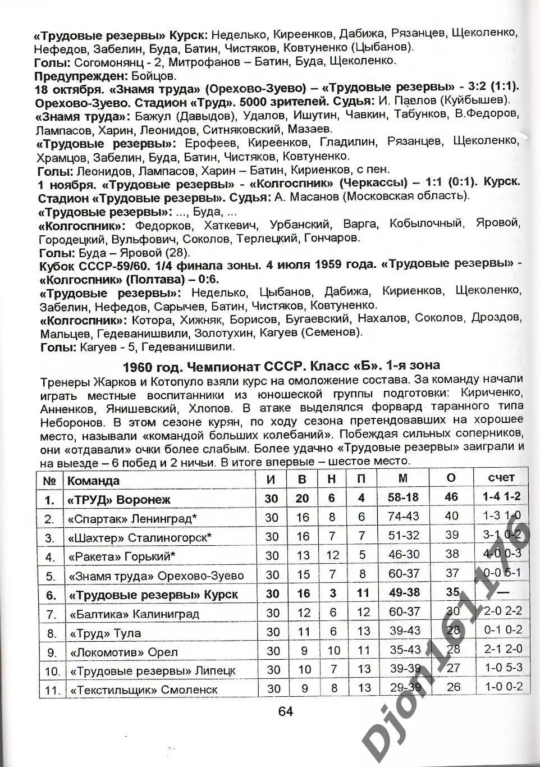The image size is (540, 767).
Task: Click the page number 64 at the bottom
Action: (x=285, y=711)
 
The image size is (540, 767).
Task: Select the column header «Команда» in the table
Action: (x=93, y=481)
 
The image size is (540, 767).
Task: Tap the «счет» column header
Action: (x=501, y=477)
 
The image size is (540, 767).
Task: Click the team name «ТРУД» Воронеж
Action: (x=118, y=500)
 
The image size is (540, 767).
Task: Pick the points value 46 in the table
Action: (x=451, y=497)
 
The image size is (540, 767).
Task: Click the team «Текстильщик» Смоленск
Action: (x=143, y=690)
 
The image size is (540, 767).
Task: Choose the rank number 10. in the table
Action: (x=52, y=671)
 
